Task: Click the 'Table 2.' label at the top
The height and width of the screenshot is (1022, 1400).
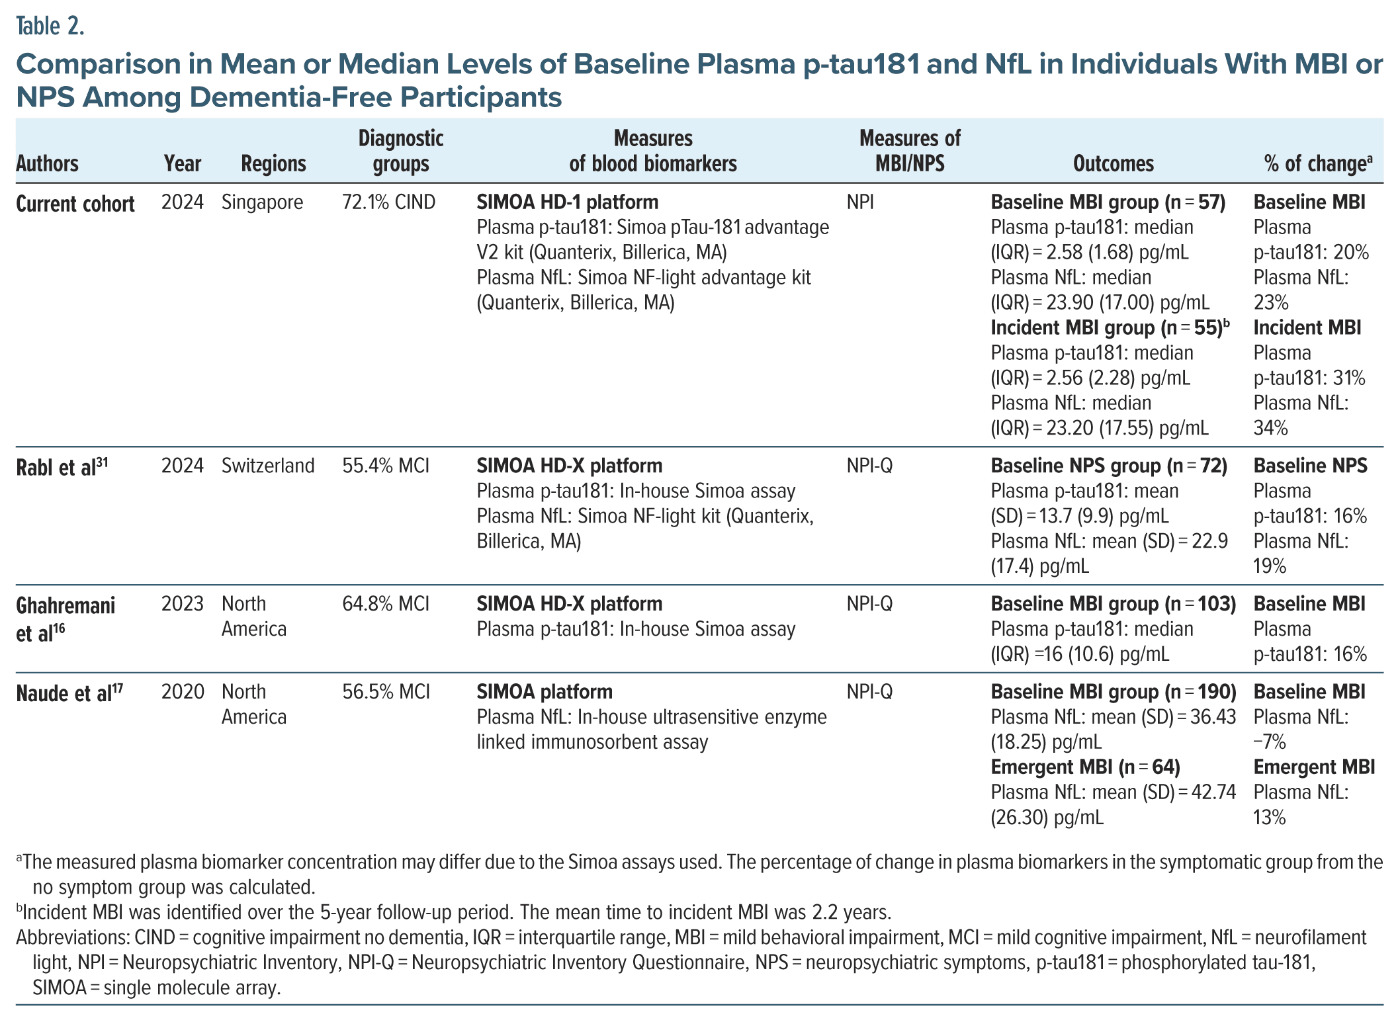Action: [50, 26]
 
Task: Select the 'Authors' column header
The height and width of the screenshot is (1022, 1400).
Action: [47, 163]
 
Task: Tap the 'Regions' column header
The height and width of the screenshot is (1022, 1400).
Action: [273, 163]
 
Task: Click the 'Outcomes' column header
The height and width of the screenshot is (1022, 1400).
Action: [1113, 163]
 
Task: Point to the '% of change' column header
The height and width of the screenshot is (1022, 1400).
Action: [1317, 163]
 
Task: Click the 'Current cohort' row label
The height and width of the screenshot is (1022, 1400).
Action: [75, 204]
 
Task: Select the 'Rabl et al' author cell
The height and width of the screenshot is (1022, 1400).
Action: [62, 467]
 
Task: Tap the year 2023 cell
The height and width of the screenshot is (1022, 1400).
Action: [182, 604]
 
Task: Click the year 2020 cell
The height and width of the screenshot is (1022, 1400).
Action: [182, 692]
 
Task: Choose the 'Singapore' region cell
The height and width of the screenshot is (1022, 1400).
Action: [262, 202]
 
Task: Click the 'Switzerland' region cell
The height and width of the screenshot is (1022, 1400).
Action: [268, 466]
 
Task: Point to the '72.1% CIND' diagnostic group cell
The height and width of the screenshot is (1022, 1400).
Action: [388, 202]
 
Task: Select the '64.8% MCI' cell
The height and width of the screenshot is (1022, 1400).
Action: [386, 604]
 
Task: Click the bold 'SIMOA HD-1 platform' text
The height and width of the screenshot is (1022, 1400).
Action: [567, 202]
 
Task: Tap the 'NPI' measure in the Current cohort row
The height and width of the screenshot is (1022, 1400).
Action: [860, 202]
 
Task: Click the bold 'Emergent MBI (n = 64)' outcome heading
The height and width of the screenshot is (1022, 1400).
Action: [1085, 767]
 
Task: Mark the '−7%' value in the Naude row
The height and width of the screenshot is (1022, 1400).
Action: [1270, 742]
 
